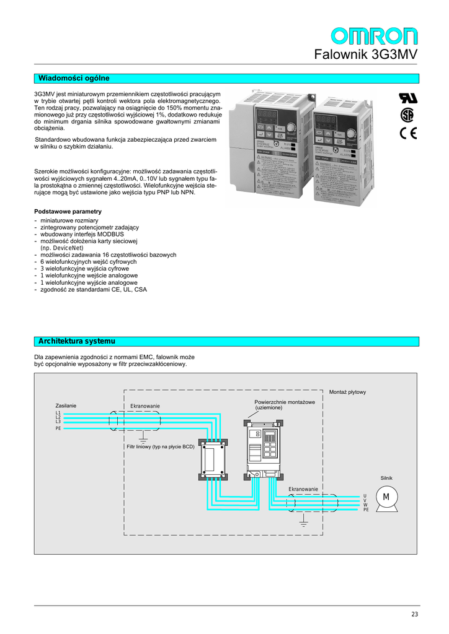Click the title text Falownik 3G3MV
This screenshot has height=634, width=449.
click(x=366, y=54)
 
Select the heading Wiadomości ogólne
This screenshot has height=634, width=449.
click(x=74, y=78)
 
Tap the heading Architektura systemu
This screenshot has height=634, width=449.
click(x=77, y=341)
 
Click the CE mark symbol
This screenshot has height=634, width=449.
click(x=409, y=133)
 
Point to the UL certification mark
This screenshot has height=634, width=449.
click(x=408, y=98)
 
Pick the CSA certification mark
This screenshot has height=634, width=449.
click(x=407, y=115)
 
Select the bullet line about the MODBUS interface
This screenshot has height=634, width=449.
click(x=82, y=235)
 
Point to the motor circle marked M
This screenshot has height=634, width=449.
click(x=386, y=497)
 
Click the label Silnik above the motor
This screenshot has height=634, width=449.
click(x=386, y=478)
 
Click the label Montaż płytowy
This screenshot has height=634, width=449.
click(x=347, y=392)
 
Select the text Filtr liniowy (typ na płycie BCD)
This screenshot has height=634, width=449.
click(x=161, y=446)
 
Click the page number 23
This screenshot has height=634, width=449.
click(x=414, y=614)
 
